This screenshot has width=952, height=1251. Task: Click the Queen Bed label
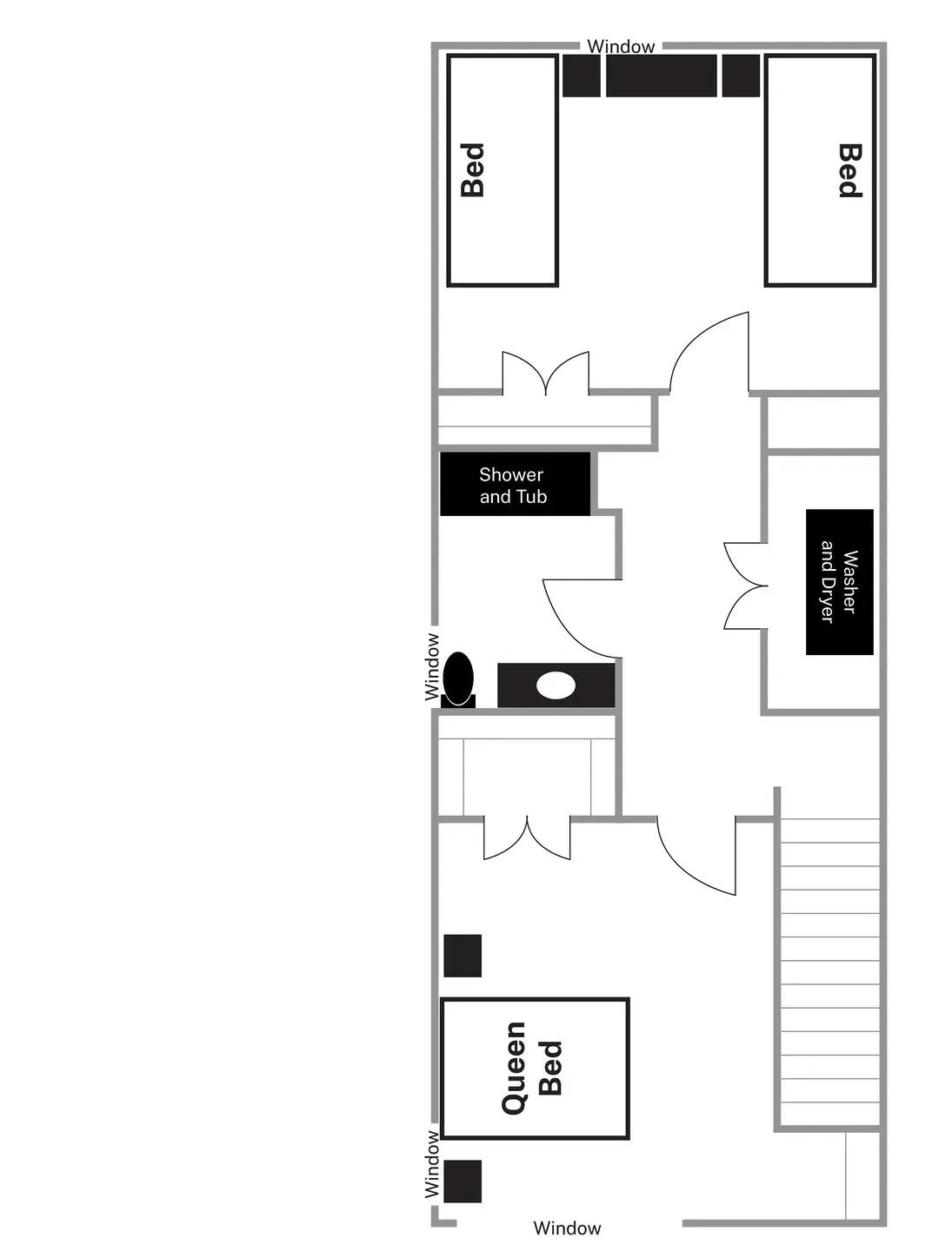click(x=532, y=1068)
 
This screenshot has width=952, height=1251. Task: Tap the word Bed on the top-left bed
click(x=472, y=170)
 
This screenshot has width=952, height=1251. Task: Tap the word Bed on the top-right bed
click(x=849, y=170)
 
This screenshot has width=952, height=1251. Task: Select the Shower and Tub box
click(x=514, y=485)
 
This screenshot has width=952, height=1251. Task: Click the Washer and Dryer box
click(x=839, y=581)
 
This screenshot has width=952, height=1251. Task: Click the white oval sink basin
click(x=556, y=685)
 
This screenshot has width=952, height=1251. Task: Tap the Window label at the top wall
click(x=621, y=47)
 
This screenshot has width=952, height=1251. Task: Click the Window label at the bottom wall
click(x=567, y=1228)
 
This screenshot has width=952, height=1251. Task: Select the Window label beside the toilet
click(x=432, y=667)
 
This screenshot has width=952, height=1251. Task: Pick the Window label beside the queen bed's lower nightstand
click(x=432, y=1164)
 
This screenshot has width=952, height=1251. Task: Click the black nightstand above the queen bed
click(x=463, y=956)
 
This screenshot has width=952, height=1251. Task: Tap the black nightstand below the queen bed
click(x=463, y=1181)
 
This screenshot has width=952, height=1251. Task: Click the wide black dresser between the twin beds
click(x=661, y=76)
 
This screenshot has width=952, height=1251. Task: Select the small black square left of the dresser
click(x=581, y=76)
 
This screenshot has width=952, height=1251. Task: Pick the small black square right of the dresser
click(x=741, y=76)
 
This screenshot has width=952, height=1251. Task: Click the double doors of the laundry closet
click(x=744, y=586)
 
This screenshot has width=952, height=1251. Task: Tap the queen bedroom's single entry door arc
click(x=694, y=856)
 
